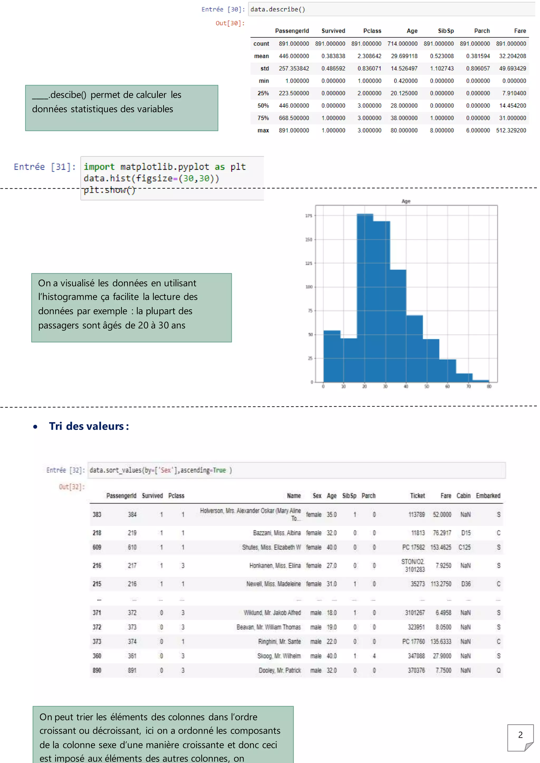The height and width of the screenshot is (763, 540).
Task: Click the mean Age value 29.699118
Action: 404,56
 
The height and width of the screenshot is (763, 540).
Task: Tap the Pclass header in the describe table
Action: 372,31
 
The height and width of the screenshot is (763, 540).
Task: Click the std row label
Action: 265,69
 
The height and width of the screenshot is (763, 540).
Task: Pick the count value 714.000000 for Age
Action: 402,44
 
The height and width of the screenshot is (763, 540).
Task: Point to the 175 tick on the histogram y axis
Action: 309,216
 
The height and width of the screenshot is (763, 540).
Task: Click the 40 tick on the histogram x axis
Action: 406,387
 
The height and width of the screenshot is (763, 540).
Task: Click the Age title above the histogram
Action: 406,201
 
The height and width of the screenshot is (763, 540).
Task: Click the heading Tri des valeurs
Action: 89,426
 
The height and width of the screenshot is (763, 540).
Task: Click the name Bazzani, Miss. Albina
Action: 277,533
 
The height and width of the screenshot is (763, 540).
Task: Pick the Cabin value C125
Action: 465,547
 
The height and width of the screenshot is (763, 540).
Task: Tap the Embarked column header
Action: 488,496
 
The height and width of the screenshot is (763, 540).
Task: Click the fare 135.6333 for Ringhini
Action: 441,642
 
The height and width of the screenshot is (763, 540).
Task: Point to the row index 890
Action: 97,671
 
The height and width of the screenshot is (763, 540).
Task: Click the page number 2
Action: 520,735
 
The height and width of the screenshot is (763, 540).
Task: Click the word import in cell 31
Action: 99,167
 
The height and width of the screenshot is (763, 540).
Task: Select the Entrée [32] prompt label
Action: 65,470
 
